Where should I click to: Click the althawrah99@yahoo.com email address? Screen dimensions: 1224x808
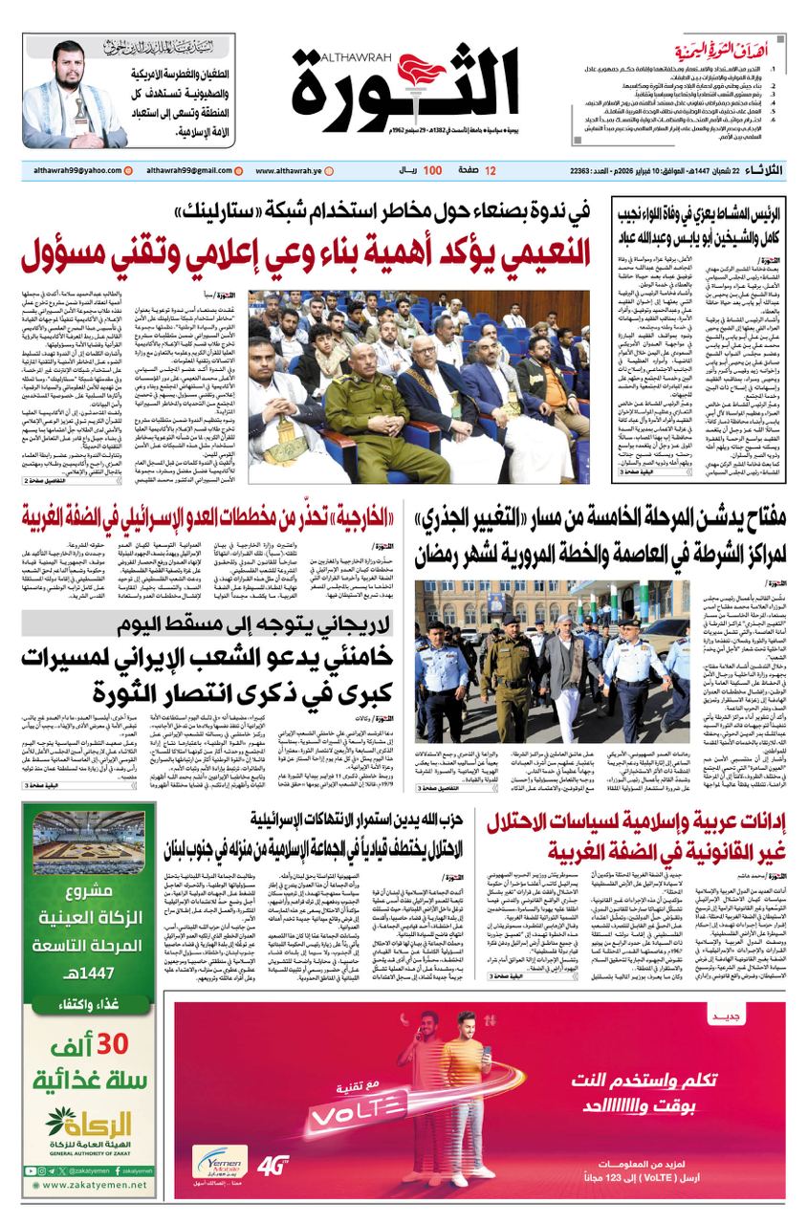pos(71,170)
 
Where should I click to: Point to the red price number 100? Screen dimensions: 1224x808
pos(431,170)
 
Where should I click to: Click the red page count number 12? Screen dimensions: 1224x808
pos(491,170)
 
